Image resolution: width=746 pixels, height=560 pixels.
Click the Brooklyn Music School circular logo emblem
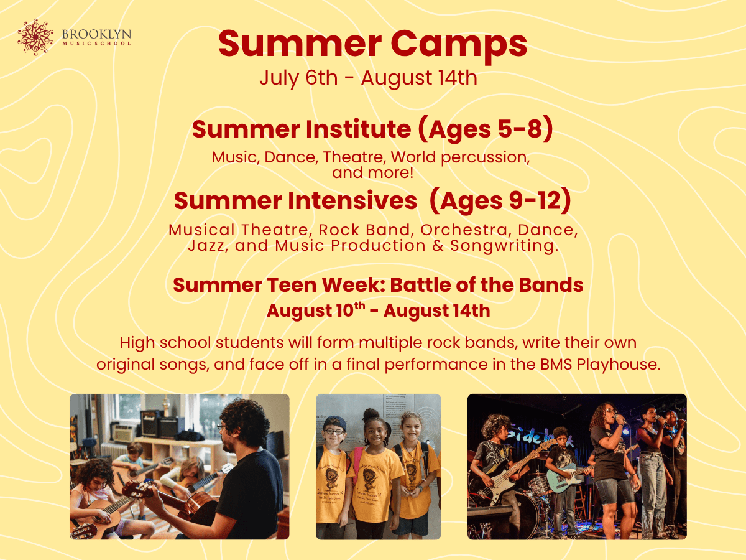36,37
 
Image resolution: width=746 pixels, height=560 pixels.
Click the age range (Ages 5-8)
485,129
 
